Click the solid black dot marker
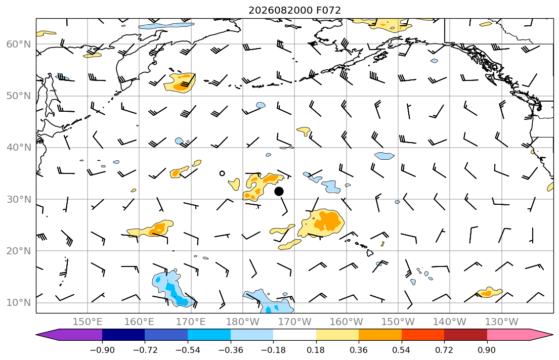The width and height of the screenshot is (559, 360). pyautogui.click(x=279, y=192)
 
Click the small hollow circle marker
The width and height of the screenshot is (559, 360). pyautogui.click(x=222, y=173)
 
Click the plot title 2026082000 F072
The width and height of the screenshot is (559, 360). pyautogui.click(x=294, y=10)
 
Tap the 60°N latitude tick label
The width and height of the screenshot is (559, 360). pyautogui.click(x=19, y=44)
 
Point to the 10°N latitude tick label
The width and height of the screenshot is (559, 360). pyautogui.click(x=19, y=303)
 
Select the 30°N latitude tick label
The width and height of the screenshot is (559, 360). pyautogui.click(x=19, y=199)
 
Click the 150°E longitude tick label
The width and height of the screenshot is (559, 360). pyautogui.click(x=88, y=322)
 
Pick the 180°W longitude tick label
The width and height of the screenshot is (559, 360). pyautogui.click(x=243, y=322)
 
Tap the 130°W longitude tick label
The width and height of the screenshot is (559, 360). pyautogui.click(x=502, y=322)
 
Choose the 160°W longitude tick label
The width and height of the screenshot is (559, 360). pyautogui.click(x=346, y=322)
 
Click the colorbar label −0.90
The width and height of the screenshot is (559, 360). pyautogui.click(x=102, y=350)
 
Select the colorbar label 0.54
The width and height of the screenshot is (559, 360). pyautogui.click(x=402, y=350)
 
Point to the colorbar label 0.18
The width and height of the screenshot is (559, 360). pyautogui.click(x=316, y=350)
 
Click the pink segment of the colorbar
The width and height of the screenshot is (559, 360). pyautogui.click(x=508, y=335)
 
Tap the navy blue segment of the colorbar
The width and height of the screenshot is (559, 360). pyautogui.click(x=123, y=335)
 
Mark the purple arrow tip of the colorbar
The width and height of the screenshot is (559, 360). pyautogui.click(x=36, y=335)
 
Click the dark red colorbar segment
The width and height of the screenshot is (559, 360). pyautogui.click(x=465, y=335)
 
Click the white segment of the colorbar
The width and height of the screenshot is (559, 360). pyautogui.click(x=294, y=335)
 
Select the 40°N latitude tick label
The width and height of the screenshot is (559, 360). pyautogui.click(x=19, y=148)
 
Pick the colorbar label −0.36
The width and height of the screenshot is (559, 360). pyautogui.click(x=231, y=350)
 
